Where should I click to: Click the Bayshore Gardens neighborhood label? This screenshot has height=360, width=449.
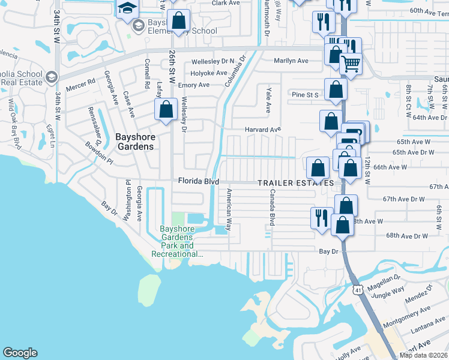tap(135, 142)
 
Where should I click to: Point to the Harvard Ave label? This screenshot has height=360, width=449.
tap(262, 130)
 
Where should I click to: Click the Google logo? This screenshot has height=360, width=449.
tap(20, 353)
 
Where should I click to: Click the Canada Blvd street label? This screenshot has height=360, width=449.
tap(272, 208)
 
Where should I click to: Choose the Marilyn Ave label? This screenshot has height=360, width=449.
tap(291, 61)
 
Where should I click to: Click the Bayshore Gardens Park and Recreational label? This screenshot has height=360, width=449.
tap(177, 241)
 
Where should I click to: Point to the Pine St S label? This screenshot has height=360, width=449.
tap(304, 95)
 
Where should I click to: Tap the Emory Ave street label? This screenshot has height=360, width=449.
tap(193, 85)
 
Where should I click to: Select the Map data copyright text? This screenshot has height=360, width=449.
tap(424, 355)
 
